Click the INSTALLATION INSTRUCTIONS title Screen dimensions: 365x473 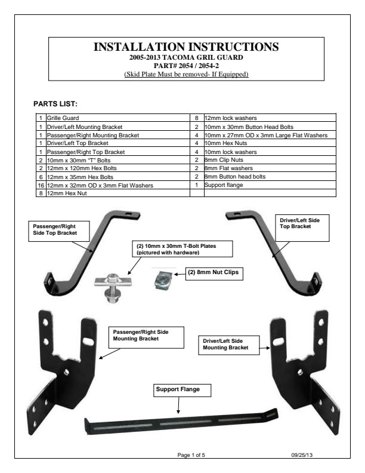click(x=186, y=47)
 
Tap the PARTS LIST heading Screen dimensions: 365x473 click(x=55, y=104)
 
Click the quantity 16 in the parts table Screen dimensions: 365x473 click(x=41, y=185)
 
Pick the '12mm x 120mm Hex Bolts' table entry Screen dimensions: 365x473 click(x=82, y=168)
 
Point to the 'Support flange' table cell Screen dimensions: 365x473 click(x=224, y=185)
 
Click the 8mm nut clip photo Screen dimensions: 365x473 click(x=163, y=280)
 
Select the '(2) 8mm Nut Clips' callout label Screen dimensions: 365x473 click(x=214, y=274)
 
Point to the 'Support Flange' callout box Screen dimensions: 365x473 click(x=182, y=391)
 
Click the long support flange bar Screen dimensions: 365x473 click(x=181, y=422)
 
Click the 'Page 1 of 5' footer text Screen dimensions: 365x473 click(x=191, y=454)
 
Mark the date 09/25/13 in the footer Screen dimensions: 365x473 click(x=302, y=454)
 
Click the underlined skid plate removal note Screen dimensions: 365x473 click(x=186, y=74)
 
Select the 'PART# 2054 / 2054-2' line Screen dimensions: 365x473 click(x=186, y=66)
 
